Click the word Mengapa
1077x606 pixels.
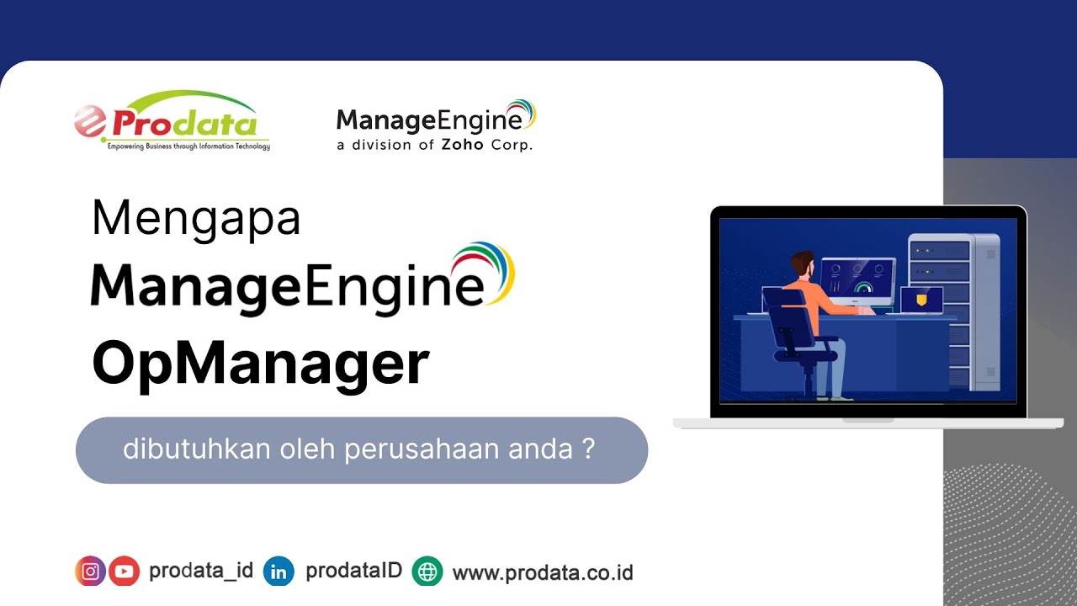[196, 218]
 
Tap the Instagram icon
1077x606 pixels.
[90, 571]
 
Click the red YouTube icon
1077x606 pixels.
[124, 571]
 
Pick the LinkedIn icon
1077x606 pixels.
[279, 571]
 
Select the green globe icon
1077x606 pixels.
[427, 571]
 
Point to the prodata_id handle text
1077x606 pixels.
[201, 571]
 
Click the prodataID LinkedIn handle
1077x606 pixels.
[353, 571]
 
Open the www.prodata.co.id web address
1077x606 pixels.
[543, 573]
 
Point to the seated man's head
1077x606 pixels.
[802, 263]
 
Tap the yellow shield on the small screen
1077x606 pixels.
[921, 299]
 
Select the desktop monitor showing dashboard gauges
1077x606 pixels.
[857, 279]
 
